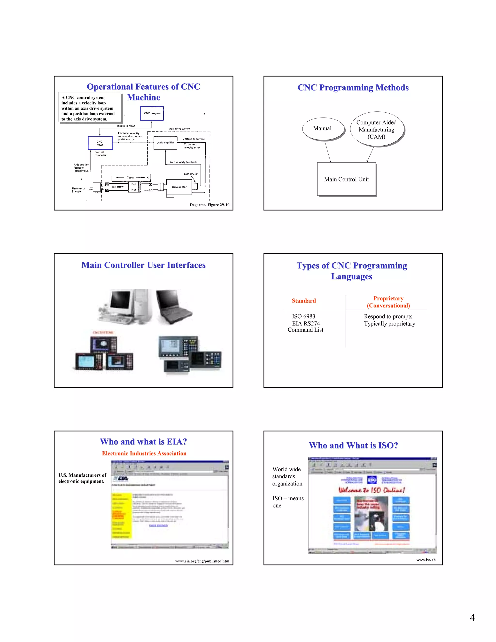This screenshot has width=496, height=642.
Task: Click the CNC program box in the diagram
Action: pos(152,113)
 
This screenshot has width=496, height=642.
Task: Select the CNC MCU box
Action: pos(100,143)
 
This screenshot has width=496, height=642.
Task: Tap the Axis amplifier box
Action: pos(165,143)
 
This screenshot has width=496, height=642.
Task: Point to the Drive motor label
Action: pos(179,187)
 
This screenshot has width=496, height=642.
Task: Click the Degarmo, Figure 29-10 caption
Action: pos(210,205)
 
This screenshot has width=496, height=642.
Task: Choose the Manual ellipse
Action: pos(322,128)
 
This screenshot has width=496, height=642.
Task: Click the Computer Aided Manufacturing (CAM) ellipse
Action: pos(376,129)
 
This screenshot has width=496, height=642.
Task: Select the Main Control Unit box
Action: pos(346,179)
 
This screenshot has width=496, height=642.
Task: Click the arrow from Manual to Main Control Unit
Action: pos(328,152)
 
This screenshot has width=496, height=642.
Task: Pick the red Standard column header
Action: pos(303,301)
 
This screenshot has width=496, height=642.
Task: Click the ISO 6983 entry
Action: pos(303,316)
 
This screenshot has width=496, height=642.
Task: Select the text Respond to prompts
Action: pos(388,316)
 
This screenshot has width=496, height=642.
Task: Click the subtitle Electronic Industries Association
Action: pos(144,453)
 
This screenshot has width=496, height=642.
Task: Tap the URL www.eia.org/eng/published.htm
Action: pos(202,561)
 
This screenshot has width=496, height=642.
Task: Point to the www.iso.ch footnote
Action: pos(426,560)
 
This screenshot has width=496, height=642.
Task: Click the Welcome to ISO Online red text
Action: pos(372,490)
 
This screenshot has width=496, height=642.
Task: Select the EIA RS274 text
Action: pos(306,323)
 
